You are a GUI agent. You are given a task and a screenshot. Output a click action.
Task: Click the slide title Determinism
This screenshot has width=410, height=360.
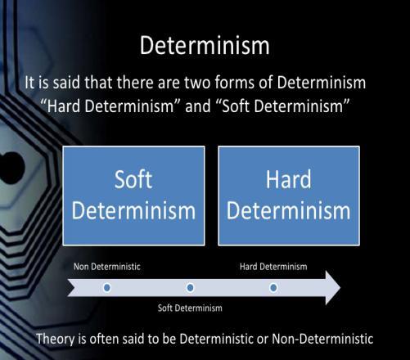click(x=205, y=46)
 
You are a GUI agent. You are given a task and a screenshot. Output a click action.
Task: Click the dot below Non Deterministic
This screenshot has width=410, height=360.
click(x=107, y=287)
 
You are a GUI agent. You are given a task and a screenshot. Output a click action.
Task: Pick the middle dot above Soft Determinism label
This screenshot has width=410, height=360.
click(x=190, y=287)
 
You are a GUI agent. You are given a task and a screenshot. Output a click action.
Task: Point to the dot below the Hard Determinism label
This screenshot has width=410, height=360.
click(x=273, y=287)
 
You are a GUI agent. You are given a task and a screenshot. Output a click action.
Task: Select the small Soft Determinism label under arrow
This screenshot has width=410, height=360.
click(x=190, y=308)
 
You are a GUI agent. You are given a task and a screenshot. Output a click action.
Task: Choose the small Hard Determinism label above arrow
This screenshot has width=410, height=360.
click(x=273, y=267)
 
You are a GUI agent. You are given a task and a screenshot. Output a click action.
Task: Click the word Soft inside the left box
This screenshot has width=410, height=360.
click(x=133, y=178)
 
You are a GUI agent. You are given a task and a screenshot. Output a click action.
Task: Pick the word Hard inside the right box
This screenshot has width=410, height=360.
click(x=289, y=178)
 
